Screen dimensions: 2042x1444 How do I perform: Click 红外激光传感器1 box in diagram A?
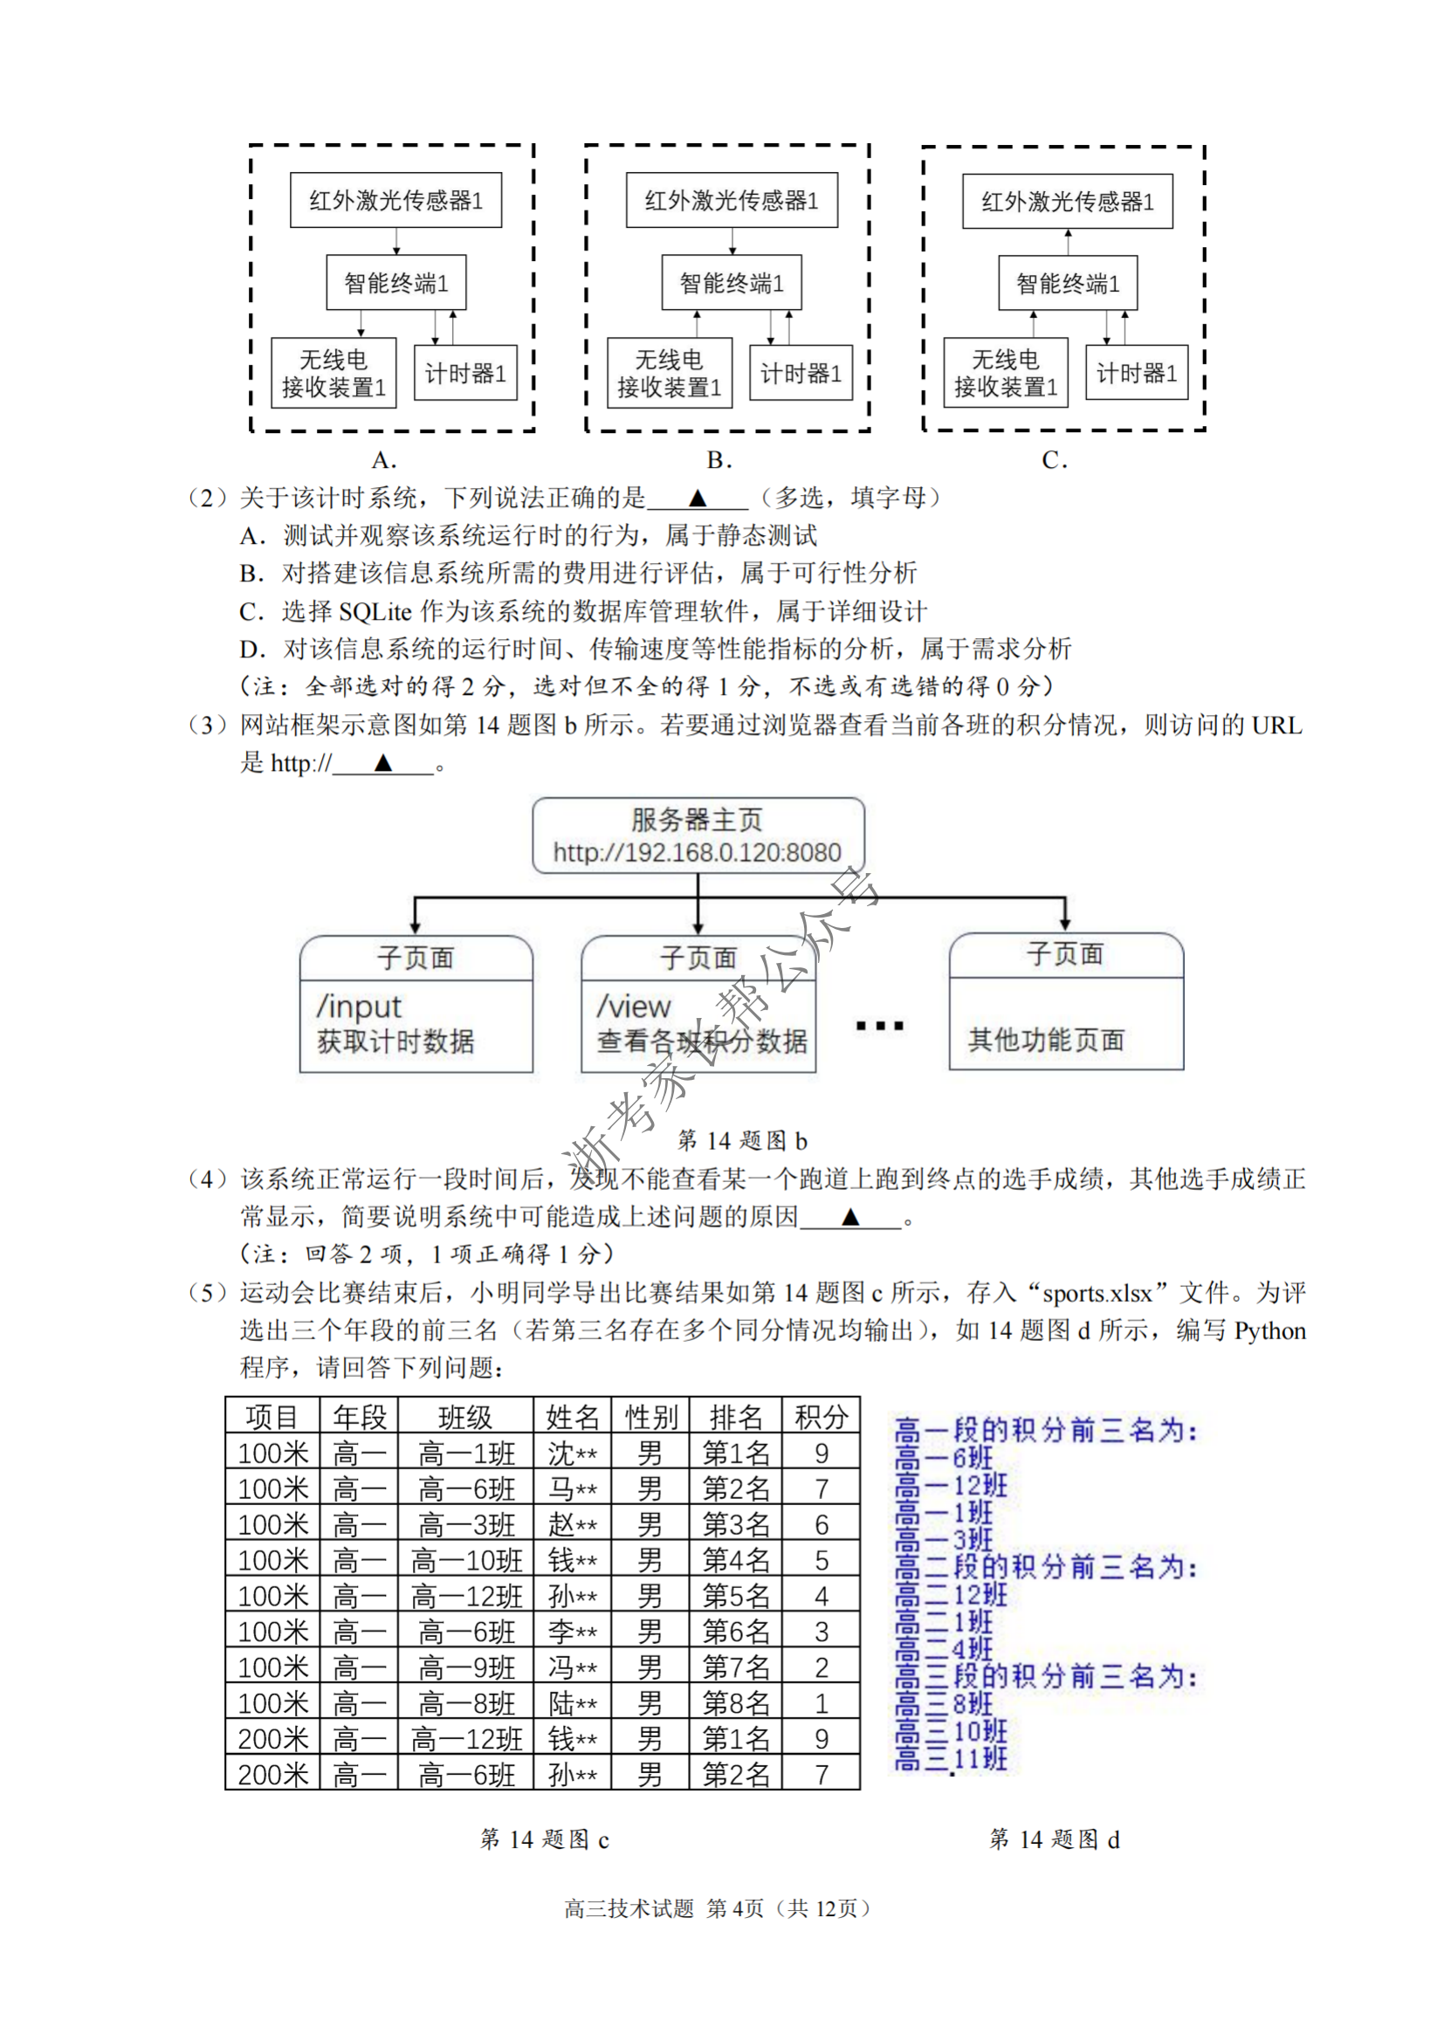395,200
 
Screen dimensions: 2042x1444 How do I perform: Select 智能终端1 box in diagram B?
731,283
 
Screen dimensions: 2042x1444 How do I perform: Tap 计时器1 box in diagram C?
1137,373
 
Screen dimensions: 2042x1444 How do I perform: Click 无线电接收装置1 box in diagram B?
669,373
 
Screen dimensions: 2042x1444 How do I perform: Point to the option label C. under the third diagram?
1055,460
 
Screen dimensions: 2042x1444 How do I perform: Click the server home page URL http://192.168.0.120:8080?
697,852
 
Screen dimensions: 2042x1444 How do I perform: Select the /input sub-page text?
359,1006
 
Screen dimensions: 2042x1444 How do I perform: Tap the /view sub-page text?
634,1006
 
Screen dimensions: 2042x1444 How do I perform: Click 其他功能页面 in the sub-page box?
1047,1039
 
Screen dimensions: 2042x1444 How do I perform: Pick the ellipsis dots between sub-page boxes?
879,1026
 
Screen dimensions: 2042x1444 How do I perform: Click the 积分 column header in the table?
821,1417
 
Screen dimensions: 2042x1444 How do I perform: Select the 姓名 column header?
572,1417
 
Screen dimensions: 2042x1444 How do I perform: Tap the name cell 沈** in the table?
572,1454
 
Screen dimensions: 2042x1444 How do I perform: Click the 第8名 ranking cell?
735,1703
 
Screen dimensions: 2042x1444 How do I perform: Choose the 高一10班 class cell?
466,1560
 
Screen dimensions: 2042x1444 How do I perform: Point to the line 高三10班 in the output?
952,1730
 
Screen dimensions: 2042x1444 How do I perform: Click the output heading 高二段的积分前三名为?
1046,1567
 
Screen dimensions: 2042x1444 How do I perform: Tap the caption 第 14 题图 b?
742,1140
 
